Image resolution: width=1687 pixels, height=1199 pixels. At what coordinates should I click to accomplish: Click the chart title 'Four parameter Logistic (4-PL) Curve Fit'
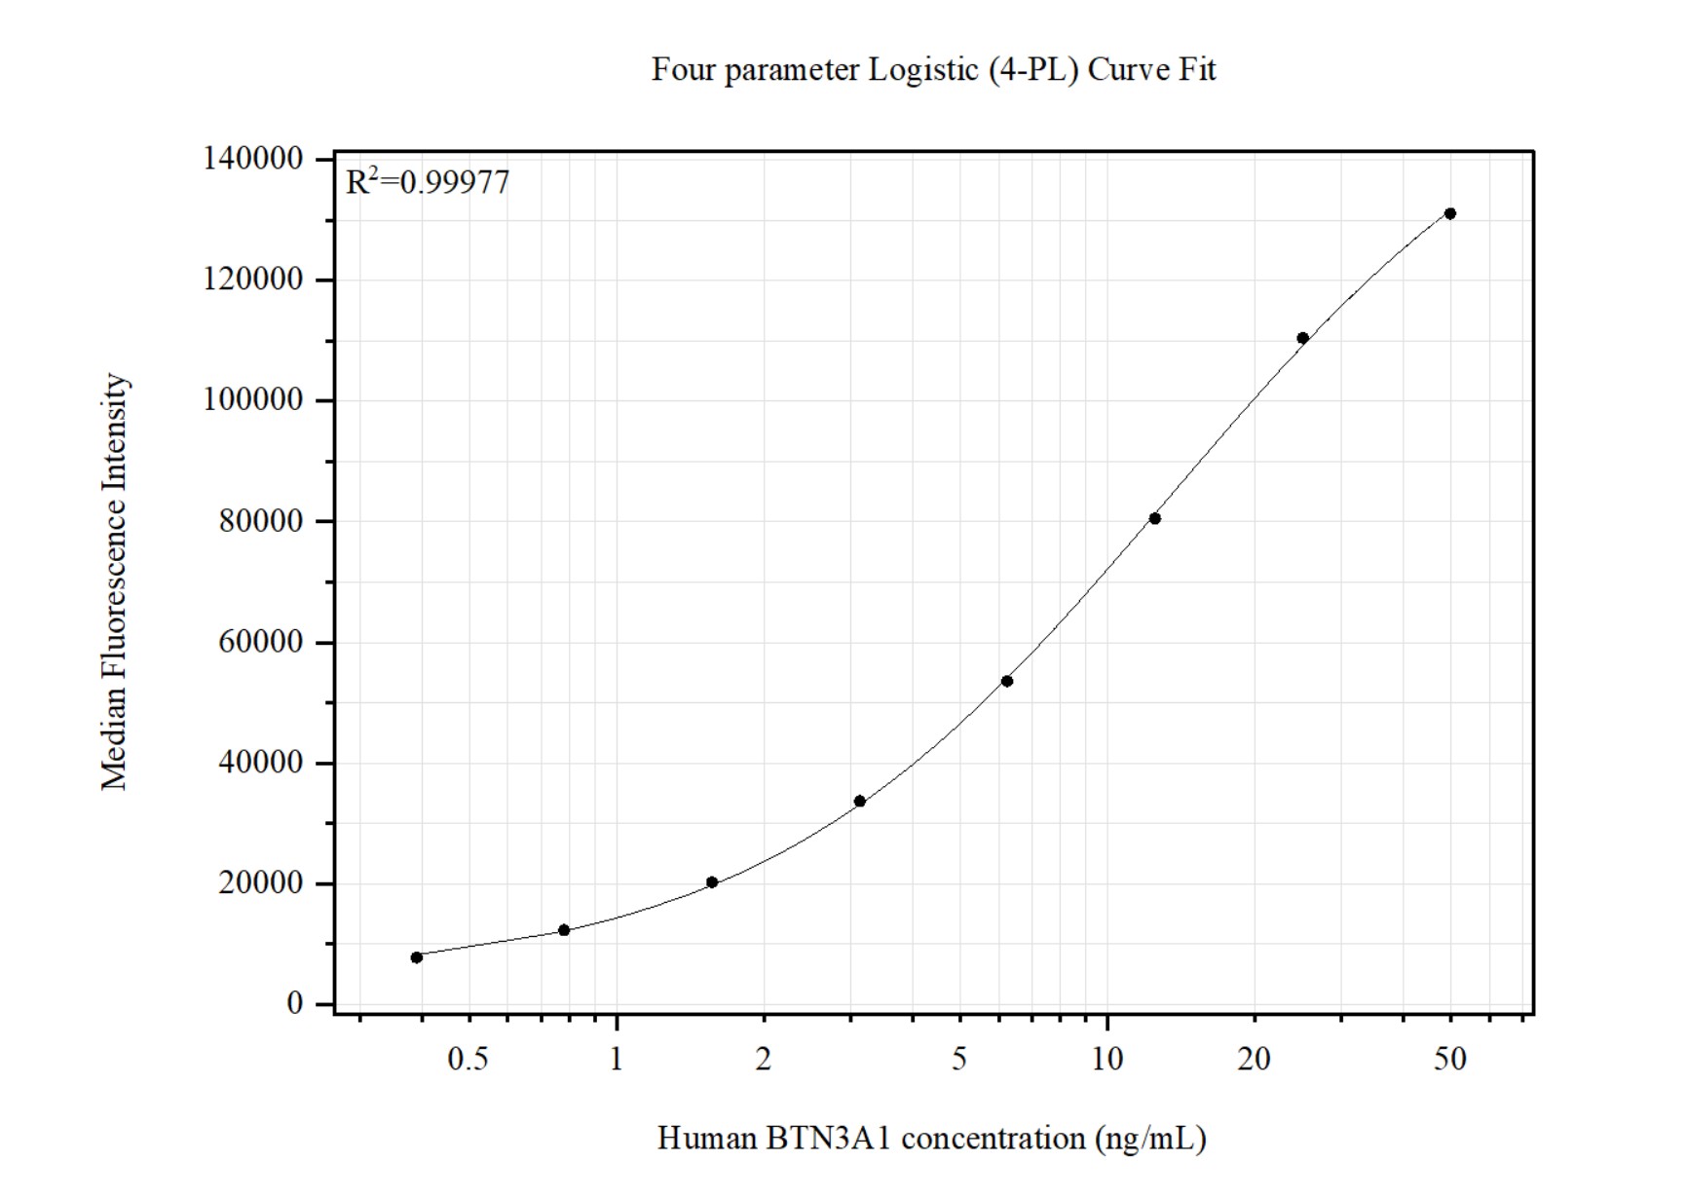pyautogui.click(x=933, y=70)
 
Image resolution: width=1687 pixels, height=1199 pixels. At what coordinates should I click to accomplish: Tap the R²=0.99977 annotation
pyautogui.click(x=428, y=182)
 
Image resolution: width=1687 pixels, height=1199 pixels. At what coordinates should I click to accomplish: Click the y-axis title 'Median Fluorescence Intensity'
pyautogui.click(x=115, y=581)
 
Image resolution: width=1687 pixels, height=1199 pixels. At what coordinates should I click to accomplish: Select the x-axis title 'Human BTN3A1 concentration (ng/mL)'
pyautogui.click(x=932, y=1138)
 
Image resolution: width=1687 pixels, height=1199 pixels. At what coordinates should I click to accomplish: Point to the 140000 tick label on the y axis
pyautogui.click(x=252, y=159)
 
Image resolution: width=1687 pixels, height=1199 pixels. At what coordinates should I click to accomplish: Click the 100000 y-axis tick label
pyautogui.click(x=252, y=400)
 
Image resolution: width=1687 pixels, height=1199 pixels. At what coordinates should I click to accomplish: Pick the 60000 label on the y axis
pyautogui.click(x=260, y=642)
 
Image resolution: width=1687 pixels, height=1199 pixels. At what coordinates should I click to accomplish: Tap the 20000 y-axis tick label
pyautogui.click(x=260, y=883)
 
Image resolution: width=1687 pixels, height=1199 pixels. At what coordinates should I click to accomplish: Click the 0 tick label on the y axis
pyautogui.click(x=294, y=1003)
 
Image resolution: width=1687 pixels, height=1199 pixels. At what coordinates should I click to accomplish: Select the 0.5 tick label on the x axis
pyautogui.click(x=468, y=1059)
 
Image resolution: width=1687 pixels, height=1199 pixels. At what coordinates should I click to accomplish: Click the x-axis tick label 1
pyautogui.click(x=617, y=1059)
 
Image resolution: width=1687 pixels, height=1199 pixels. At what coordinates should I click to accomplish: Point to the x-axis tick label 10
pyautogui.click(x=1107, y=1059)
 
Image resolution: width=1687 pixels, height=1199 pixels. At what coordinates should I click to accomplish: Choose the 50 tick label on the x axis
pyautogui.click(x=1449, y=1059)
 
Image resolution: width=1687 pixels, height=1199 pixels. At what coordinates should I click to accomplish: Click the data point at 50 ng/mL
pyautogui.click(x=1450, y=213)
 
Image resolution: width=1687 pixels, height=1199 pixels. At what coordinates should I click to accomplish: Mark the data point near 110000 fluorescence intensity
pyautogui.click(x=1302, y=338)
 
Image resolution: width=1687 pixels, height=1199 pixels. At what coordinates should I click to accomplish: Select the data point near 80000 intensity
pyautogui.click(x=1155, y=518)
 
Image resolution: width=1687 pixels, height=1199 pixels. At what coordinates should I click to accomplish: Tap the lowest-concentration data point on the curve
pyautogui.click(x=417, y=957)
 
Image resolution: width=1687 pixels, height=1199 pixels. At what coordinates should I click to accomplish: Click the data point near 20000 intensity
pyautogui.click(x=712, y=882)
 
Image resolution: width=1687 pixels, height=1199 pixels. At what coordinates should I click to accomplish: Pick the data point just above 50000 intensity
pyautogui.click(x=1007, y=681)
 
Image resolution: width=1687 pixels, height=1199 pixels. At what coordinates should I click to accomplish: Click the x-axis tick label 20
pyautogui.click(x=1254, y=1059)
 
